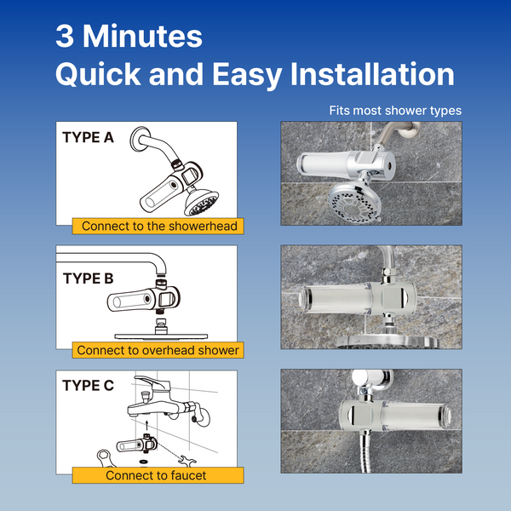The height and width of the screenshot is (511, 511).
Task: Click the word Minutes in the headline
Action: coord(142,36)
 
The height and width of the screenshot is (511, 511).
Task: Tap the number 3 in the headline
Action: coord(65,36)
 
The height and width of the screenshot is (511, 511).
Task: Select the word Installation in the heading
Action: coord(372,74)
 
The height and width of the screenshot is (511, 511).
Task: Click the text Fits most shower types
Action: coord(395,111)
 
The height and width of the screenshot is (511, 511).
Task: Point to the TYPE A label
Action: coord(88,137)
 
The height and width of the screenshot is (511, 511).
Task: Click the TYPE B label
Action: coord(88,278)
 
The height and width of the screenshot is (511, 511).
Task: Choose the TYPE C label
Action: coord(88,386)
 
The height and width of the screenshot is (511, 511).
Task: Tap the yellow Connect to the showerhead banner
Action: coord(158,227)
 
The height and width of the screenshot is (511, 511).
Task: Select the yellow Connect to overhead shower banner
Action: coord(158,350)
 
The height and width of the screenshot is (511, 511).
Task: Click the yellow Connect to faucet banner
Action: coord(158,475)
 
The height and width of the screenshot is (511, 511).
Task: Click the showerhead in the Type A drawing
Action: coord(201,202)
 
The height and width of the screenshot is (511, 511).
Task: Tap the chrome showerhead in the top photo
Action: coord(353,202)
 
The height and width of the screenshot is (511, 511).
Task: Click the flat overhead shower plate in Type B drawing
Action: coord(161,336)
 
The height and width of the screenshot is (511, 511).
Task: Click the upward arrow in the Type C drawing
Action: coord(147,425)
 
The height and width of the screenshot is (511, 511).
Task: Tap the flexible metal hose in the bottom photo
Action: coord(365,453)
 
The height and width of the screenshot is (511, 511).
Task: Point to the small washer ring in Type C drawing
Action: coord(143,462)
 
